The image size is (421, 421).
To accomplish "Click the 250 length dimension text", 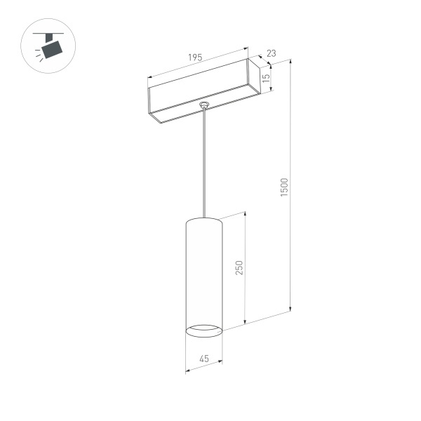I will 239,267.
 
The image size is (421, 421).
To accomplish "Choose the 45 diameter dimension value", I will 204,359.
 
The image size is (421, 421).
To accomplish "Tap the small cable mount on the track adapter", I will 204,105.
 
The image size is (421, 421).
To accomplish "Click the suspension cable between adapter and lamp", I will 204,161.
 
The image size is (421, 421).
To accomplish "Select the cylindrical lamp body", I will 203,274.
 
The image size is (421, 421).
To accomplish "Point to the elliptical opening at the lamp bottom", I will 203,328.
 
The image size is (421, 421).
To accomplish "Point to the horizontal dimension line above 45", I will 203,365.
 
